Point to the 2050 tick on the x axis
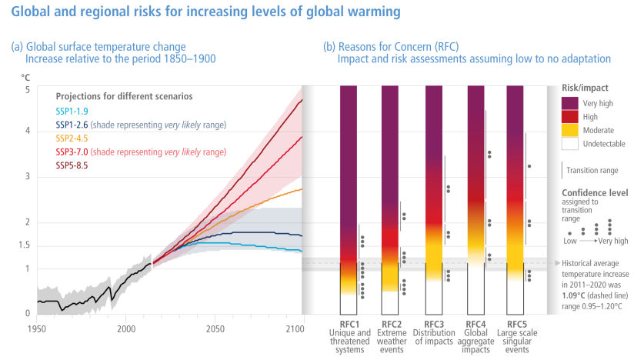tap(215, 328)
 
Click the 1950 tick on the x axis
tap(37, 328)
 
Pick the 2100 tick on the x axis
tap(303, 328)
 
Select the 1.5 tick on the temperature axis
tap(25, 245)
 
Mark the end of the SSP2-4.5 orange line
tap(302, 188)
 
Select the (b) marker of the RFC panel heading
tap(329, 47)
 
